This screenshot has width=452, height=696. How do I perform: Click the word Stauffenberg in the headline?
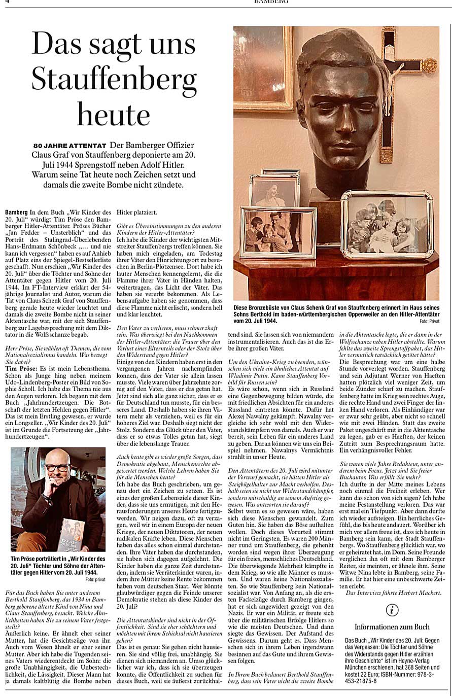114,79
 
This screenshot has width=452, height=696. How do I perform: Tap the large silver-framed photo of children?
387,224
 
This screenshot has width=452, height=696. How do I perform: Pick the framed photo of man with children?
277,232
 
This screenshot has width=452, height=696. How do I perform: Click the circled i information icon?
392,610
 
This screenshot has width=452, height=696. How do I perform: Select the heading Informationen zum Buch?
392,627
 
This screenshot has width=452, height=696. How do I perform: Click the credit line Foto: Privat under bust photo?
428,322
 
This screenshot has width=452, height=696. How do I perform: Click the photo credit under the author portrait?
95,578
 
